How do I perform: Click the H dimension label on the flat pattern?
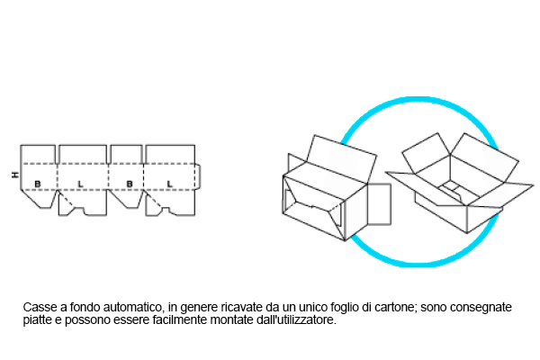[13, 174]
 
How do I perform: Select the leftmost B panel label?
[38, 184]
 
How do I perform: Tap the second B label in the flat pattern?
[130, 184]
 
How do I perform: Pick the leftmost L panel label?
[81, 184]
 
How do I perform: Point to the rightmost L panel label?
[170, 184]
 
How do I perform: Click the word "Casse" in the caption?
[39, 308]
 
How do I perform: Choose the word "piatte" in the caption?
[38, 320]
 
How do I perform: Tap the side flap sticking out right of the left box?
[381, 203]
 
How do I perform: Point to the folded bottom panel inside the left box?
[310, 207]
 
